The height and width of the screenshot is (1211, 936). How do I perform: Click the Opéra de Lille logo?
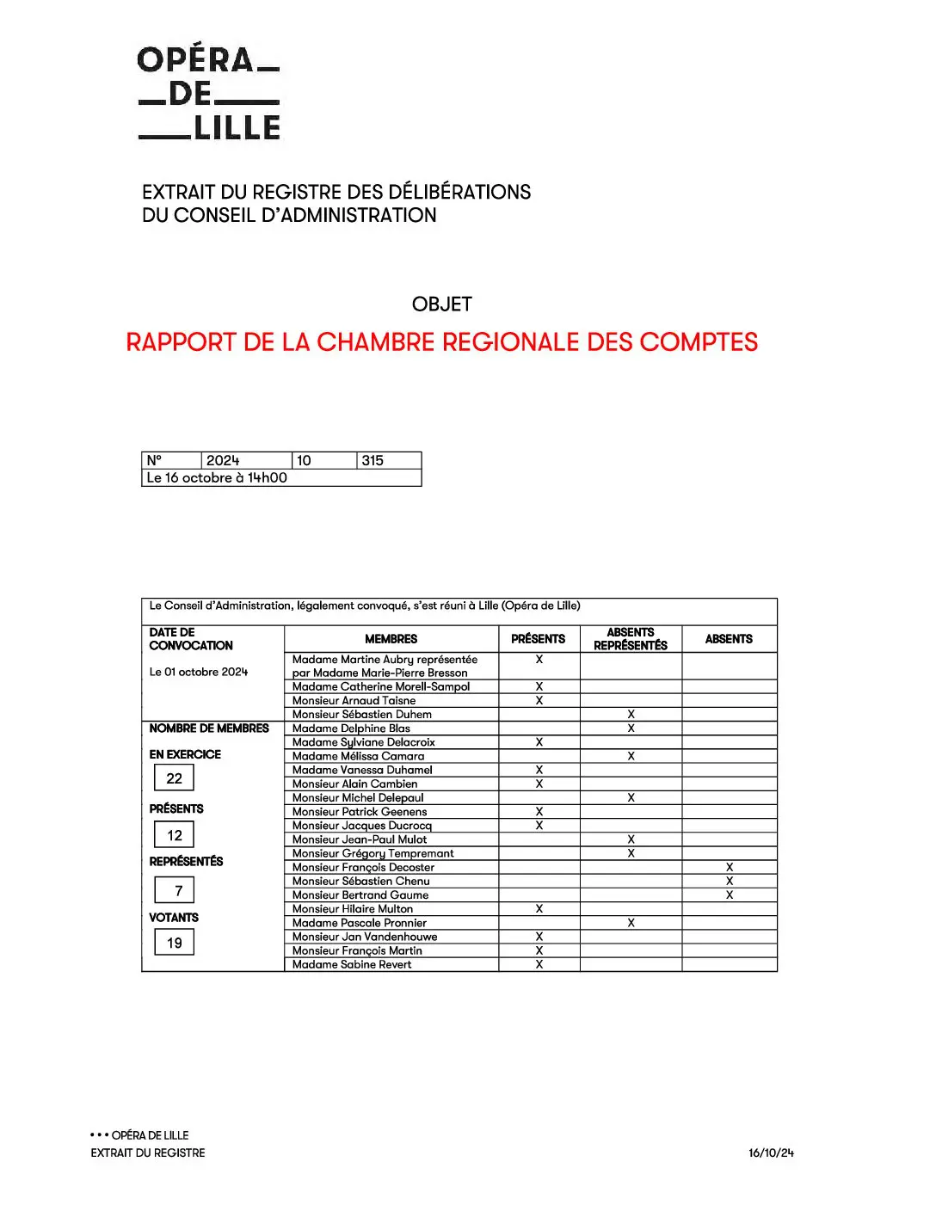pyautogui.click(x=209, y=93)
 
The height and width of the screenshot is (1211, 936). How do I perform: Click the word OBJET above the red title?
pyautogui.click(x=442, y=304)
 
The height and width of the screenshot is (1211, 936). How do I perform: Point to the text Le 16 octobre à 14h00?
pyautogui.click(x=217, y=477)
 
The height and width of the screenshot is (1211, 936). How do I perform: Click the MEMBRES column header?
pyautogui.click(x=391, y=639)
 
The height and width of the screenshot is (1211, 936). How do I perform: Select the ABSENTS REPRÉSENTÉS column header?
pyautogui.click(x=631, y=639)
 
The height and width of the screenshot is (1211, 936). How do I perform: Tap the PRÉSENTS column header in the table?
pyautogui.click(x=539, y=639)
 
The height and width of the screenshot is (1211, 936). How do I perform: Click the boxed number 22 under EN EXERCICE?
pyautogui.click(x=175, y=778)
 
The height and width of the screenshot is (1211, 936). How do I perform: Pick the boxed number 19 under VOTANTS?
pyautogui.click(x=175, y=943)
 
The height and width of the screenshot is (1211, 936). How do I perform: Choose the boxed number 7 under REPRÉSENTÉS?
pyautogui.click(x=178, y=891)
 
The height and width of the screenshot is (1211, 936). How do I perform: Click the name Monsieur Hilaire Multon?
pyautogui.click(x=353, y=909)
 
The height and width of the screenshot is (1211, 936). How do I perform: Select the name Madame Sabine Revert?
pyautogui.click(x=352, y=965)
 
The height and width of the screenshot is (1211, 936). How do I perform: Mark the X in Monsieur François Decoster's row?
pyautogui.click(x=730, y=868)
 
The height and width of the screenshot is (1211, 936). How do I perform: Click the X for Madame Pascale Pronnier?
pyautogui.click(x=631, y=923)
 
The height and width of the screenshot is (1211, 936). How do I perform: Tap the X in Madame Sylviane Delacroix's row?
pyautogui.click(x=539, y=742)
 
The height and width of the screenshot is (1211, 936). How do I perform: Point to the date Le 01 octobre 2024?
pyautogui.click(x=199, y=672)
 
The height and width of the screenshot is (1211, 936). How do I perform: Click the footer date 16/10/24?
pyautogui.click(x=771, y=1153)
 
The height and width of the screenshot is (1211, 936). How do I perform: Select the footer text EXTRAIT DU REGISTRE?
pyautogui.click(x=148, y=1153)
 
